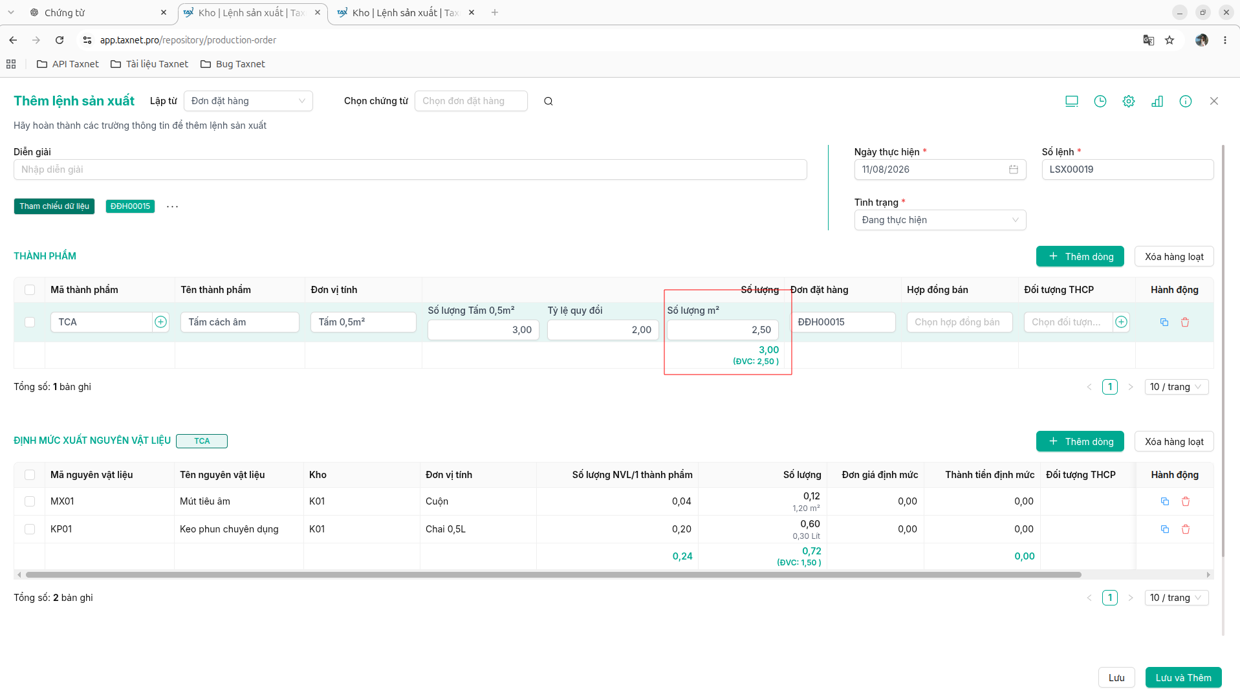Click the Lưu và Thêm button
(x=1183, y=677)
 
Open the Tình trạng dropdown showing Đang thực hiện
(x=940, y=220)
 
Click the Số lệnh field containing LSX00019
(x=1127, y=169)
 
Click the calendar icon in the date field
(x=1014, y=169)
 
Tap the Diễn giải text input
(x=410, y=169)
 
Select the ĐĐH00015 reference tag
(x=130, y=206)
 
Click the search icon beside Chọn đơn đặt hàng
(x=549, y=101)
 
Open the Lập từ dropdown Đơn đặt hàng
(x=248, y=101)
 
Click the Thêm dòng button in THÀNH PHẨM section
(x=1080, y=256)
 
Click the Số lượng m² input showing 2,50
(x=723, y=330)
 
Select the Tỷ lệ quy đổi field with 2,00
(x=603, y=330)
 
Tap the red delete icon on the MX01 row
(x=1186, y=501)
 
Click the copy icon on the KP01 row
(x=1165, y=529)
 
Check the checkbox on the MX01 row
(x=30, y=501)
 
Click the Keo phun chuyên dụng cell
(x=229, y=529)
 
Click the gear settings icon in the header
(x=1129, y=101)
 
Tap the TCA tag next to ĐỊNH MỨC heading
(x=202, y=441)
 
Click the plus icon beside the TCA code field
(x=161, y=322)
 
